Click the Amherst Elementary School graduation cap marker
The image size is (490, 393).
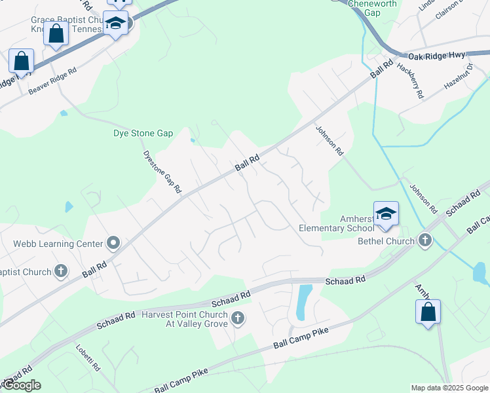[x=386, y=214]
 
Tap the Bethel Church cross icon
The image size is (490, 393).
[x=425, y=240]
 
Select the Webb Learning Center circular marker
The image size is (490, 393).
[x=113, y=244]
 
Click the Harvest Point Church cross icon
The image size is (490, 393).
[x=238, y=319]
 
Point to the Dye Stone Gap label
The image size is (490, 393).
[x=143, y=133]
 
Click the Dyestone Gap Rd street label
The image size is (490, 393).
[x=162, y=172]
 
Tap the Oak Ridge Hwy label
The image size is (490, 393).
[x=436, y=56]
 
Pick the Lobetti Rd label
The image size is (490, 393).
[x=88, y=358]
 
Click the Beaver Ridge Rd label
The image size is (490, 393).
[x=52, y=81]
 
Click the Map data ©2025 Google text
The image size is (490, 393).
[x=449, y=388]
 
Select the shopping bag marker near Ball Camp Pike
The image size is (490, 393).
[x=428, y=312]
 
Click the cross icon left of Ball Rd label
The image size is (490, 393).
[x=61, y=270]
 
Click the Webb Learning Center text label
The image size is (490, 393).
[x=58, y=244]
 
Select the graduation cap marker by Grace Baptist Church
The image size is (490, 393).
[x=116, y=25]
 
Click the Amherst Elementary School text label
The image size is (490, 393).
[x=336, y=223]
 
